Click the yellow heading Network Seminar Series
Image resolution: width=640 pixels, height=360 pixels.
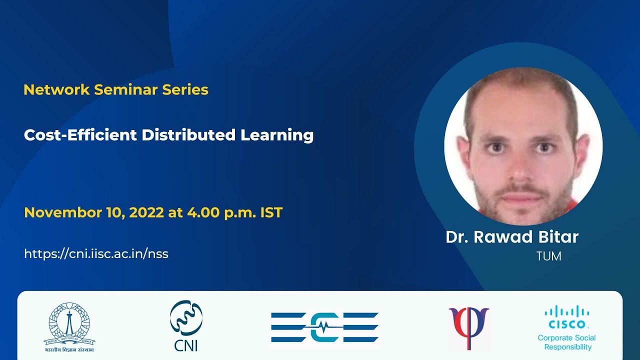click(x=116, y=90)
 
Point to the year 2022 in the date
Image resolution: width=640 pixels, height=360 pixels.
click(x=146, y=212)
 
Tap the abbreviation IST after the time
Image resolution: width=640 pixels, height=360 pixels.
click(x=271, y=212)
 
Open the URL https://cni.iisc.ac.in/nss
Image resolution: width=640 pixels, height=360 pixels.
click(x=96, y=253)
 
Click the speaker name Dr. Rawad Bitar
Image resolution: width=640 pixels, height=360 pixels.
click(x=512, y=237)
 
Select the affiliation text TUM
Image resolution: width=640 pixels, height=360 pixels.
click(x=548, y=256)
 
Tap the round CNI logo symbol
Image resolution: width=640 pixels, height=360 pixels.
click(x=186, y=318)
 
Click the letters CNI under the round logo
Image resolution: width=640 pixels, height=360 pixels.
click(x=186, y=345)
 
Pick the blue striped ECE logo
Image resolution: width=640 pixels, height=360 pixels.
click(x=325, y=327)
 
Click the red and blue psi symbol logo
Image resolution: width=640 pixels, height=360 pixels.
click(x=468, y=327)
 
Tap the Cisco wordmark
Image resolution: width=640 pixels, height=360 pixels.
click(x=566, y=324)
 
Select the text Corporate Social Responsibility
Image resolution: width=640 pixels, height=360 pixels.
click(x=567, y=342)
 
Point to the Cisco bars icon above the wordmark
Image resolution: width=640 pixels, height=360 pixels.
click(x=566, y=311)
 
